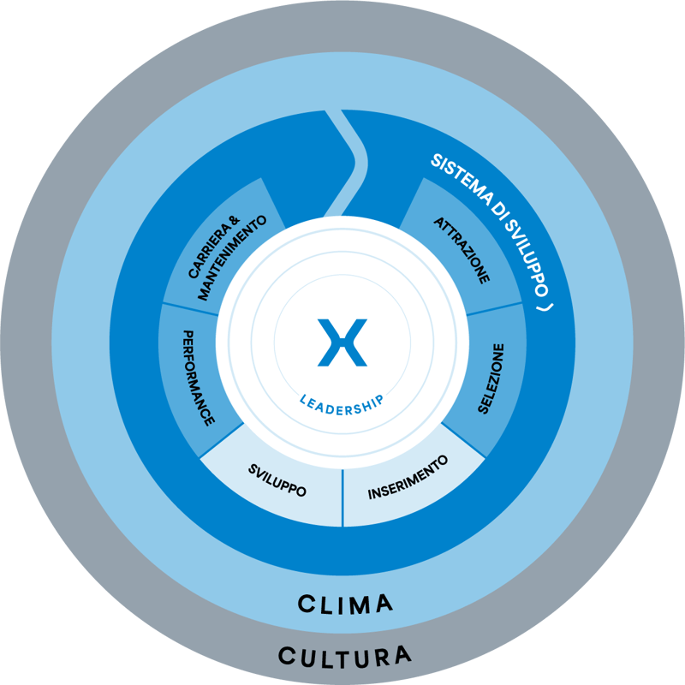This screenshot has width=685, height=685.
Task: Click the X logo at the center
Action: tap(342, 342)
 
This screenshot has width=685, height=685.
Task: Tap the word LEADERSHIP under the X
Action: tap(342, 401)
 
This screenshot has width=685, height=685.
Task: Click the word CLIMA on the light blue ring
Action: tap(345, 604)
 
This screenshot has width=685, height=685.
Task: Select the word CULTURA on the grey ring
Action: tap(344, 657)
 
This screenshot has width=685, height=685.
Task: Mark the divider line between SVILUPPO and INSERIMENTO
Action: tap(342, 497)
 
